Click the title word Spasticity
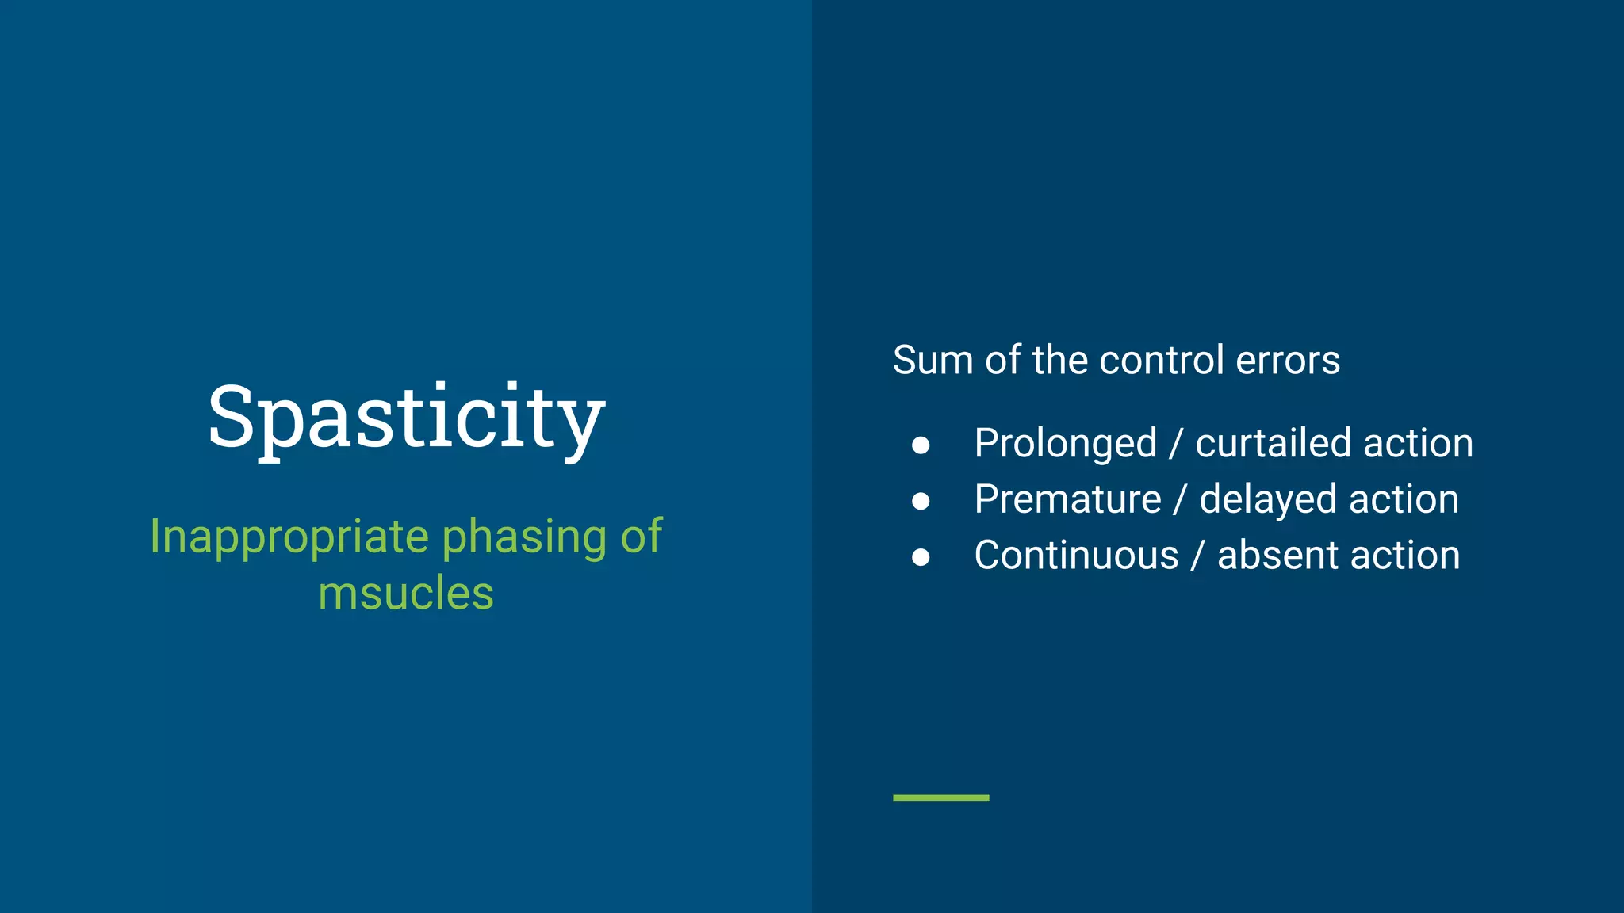pyautogui.click(x=406, y=417)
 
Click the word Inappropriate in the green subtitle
pyautogui.click(x=289, y=537)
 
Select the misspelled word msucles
pyautogui.click(x=406, y=594)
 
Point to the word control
pyautogui.click(x=1162, y=361)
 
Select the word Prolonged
pyautogui.click(x=1065, y=444)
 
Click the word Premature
pyautogui.click(x=1067, y=499)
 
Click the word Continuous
pyautogui.click(x=1076, y=555)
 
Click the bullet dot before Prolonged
pyautogui.click(x=921, y=445)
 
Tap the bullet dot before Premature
pyautogui.click(x=921, y=501)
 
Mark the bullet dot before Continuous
pyautogui.click(x=921, y=557)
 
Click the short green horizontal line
pyautogui.click(x=940, y=797)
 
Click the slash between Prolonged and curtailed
pyautogui.click(x=1175, y=443)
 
